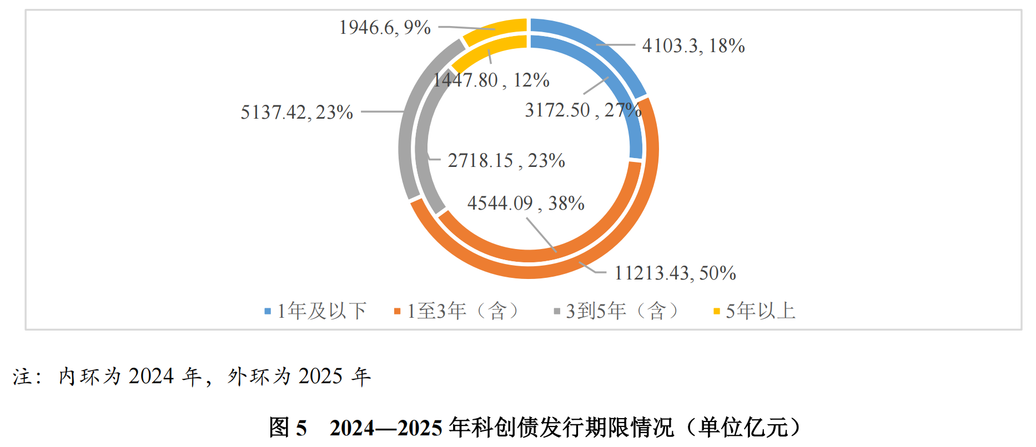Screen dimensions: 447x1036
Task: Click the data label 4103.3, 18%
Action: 693,45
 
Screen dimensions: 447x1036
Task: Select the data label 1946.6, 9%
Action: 385,27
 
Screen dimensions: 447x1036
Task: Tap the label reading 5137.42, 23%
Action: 296,112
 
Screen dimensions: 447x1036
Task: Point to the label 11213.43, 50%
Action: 675,273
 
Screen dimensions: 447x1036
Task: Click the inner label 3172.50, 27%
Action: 583,110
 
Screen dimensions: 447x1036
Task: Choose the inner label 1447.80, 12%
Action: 491,80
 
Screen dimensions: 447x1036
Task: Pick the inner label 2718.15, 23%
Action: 506,160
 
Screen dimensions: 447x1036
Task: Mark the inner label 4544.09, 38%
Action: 525,203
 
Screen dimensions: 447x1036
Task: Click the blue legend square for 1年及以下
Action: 268,312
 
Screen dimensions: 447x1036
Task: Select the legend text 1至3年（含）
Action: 463,311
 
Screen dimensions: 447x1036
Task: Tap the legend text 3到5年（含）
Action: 622,311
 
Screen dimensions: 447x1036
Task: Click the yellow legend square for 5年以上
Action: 716,312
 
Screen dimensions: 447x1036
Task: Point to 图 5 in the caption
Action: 288,428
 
